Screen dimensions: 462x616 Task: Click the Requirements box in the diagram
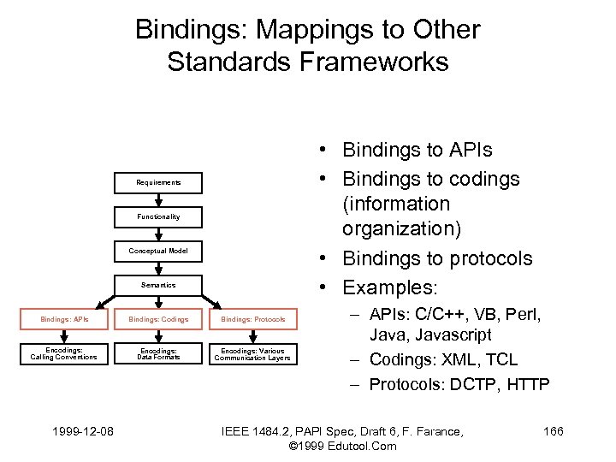point(158,182)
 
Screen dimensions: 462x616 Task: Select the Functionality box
point(158,216)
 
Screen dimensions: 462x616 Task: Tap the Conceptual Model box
point(158,251)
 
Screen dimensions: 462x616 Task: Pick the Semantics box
point(158,285)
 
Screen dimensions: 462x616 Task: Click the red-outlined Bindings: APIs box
point(64,319)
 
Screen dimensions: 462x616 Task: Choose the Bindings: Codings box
point(158,319)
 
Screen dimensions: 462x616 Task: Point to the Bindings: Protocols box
point(252,319)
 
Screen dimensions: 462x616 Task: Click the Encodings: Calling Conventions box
point(64,353)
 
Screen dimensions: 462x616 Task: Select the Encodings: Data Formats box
point(158,353)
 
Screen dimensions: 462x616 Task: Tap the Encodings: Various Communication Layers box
point(252,353)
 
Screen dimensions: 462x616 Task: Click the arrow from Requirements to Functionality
point(158,199)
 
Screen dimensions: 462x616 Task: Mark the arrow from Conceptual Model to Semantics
point(158,268)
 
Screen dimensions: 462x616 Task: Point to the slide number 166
point(554,431)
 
